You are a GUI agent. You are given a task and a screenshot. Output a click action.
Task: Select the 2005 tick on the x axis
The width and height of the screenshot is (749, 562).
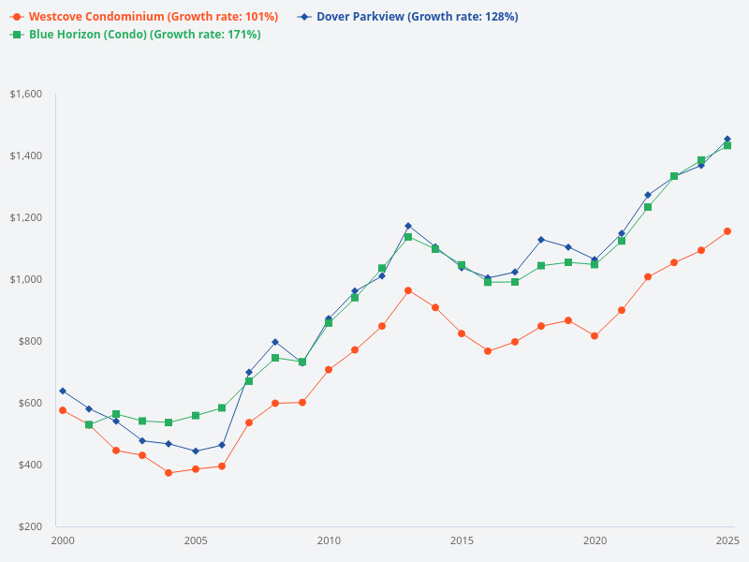tap(196, 541)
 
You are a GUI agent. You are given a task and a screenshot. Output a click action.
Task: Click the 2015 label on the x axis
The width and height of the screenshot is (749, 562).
tap(462, 541)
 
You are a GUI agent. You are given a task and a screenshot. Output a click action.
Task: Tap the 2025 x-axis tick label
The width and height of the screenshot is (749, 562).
tap(727, 541)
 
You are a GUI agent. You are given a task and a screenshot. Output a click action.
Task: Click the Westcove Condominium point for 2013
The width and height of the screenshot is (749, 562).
tap(408, 290)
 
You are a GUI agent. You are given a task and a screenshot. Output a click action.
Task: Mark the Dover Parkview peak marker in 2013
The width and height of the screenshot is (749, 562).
tap(408, 226)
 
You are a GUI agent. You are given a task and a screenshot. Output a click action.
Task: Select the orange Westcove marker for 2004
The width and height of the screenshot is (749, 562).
tap(169, 473)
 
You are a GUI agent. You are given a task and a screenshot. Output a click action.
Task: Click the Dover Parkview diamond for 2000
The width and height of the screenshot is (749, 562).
tap(63, 391)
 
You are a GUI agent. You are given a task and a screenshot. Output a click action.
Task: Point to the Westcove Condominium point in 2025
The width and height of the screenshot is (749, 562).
tap(727, 231)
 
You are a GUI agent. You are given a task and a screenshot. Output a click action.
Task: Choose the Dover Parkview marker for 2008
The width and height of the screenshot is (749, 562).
tap(275, 342)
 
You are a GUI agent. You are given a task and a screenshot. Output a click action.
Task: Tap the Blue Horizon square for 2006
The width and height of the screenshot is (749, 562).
tap(222, 408)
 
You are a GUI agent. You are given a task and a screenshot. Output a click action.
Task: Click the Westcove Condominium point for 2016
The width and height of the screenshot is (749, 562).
tap(488, 351)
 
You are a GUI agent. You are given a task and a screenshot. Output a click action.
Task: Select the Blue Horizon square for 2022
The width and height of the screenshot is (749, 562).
tap(647, 207)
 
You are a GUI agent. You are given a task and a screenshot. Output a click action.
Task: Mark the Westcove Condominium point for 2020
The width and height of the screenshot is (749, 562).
tap(595, 335)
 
